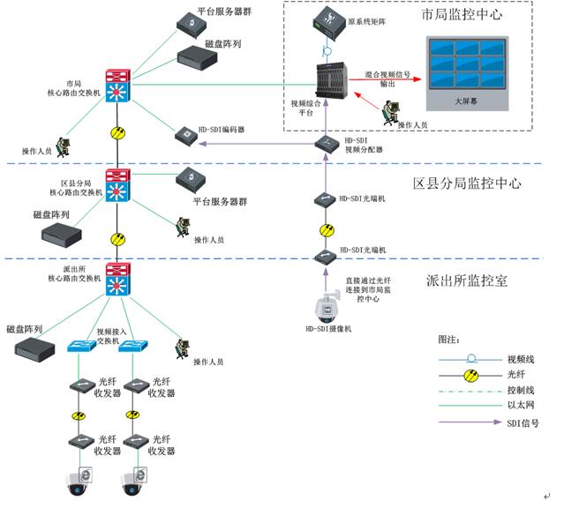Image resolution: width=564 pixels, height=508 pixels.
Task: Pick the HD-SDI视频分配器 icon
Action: [324, 143]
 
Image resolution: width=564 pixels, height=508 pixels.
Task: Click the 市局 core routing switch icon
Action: [117, 87]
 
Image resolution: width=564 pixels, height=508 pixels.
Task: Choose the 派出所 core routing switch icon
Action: [117, 279]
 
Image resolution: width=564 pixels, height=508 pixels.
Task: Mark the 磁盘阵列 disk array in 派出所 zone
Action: [39, 347]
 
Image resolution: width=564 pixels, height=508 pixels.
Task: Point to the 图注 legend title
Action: [448, 339]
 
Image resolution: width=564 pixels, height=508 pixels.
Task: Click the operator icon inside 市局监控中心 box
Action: [388, 111]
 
